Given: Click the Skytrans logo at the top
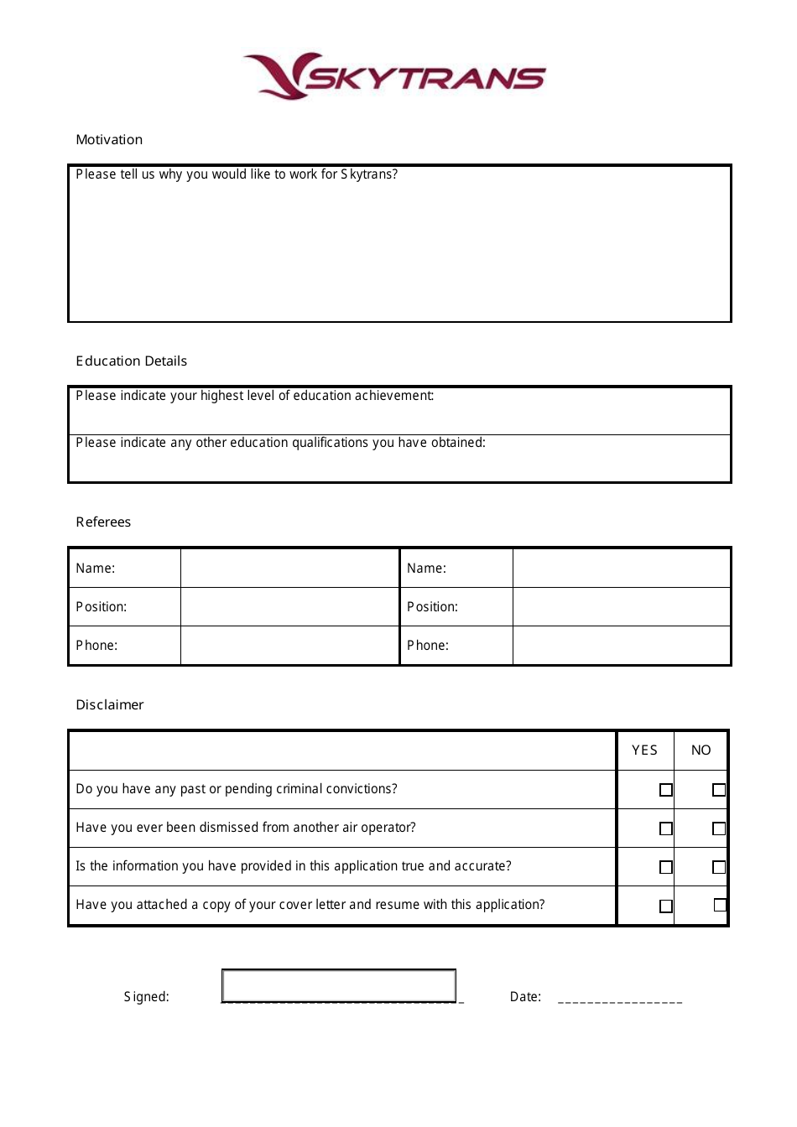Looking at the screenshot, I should pyautogui.click(x=394, y=76).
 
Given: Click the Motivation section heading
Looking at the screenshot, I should pyautogui.click(x=109, y=140).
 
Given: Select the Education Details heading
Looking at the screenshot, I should pyautogui.click(x=131, y=361).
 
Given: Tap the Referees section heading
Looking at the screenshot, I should pyautogui.click(x=103, y=522).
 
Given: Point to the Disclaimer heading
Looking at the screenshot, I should pyautogui.click(x=109, y=705).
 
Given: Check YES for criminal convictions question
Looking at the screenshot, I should pyautogui.click(x=666, y=790).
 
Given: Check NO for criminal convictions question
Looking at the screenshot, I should pyautogui.click(x=719, y=790).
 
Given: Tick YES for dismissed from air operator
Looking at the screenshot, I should pyautogui.click(x=666, y=828).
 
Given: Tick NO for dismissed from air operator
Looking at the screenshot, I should pyautogui.click(x=719, y=828).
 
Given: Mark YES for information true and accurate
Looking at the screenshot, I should pyautogui.click(x=666, y=867).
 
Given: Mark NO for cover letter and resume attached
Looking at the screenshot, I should pyautogui.click(x=720, y=905).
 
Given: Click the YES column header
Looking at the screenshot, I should pyautogui.click(x=644, y=750).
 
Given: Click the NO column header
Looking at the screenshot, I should pyautogui.click(x=701, y=750).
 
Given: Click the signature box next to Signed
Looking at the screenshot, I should pyautogui.click(x=339, y=986).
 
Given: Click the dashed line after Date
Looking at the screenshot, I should pyautogui.click(x=620, y=1001).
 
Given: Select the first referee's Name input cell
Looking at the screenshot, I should pyautogui.click(x=289, y=568).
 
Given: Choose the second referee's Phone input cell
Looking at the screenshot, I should pyautogui.click(x=621, y=646).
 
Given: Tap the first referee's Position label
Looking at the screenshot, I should pyautogui.click(x=102, y=607).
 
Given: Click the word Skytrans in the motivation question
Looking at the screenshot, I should pyautogui.click(x=369, y=174).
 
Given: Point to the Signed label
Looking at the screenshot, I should pyautogui.click(x=147, y=997).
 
